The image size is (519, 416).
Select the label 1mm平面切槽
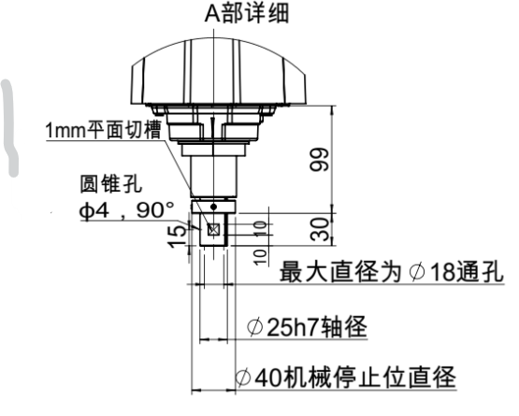(x=103, y=132)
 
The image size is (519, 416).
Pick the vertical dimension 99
(x=320, y=159)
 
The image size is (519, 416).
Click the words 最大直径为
(x=330, y=273)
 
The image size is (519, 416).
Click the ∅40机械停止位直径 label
(x=345, y=378)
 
